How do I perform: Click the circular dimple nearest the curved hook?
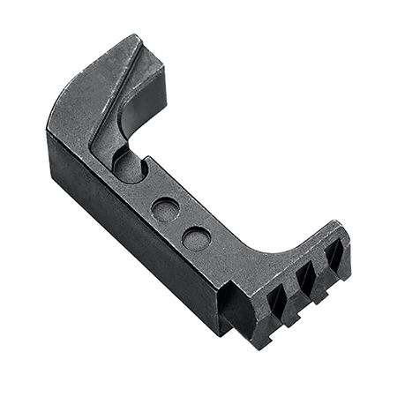(x=165, y=209)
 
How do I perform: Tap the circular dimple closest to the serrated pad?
(x=197, y=238)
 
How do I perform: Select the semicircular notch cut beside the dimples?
(x=129, y=165)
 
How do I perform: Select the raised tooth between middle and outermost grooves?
(x=319, y=262)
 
